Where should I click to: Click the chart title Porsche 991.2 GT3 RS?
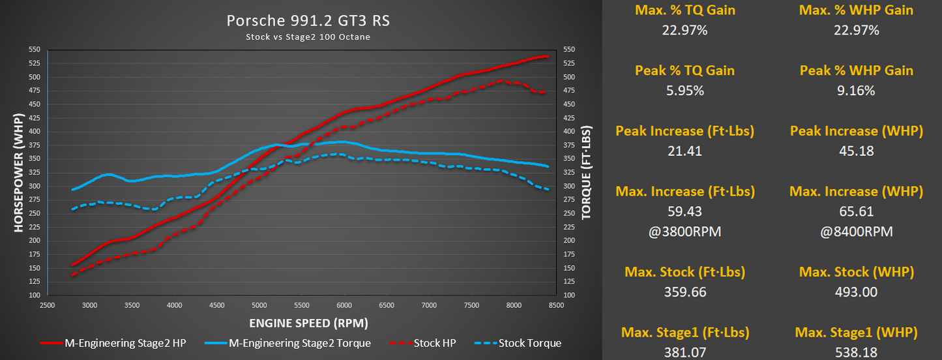click(x=308, y=21)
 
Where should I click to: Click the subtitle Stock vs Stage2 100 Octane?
click(x=308, y=37)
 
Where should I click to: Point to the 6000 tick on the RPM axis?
click(x=344, y=305)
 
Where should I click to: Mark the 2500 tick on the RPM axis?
click(x=48, y=305)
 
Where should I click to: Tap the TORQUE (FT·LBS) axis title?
click(x=586, y=172)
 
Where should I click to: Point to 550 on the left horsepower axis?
click(x=35, y=50)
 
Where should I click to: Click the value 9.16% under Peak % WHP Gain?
click(x=856, y=91)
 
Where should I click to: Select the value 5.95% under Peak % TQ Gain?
click(x=684, y=91)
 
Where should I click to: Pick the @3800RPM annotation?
click(x=684, y=232)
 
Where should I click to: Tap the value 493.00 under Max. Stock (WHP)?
click(x=856, y=292)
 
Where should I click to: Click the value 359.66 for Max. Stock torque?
click(x=684, y=292)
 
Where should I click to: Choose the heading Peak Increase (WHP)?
click(x=856, y=131)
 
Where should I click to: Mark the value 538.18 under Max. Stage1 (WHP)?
click(x=856, y=352)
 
